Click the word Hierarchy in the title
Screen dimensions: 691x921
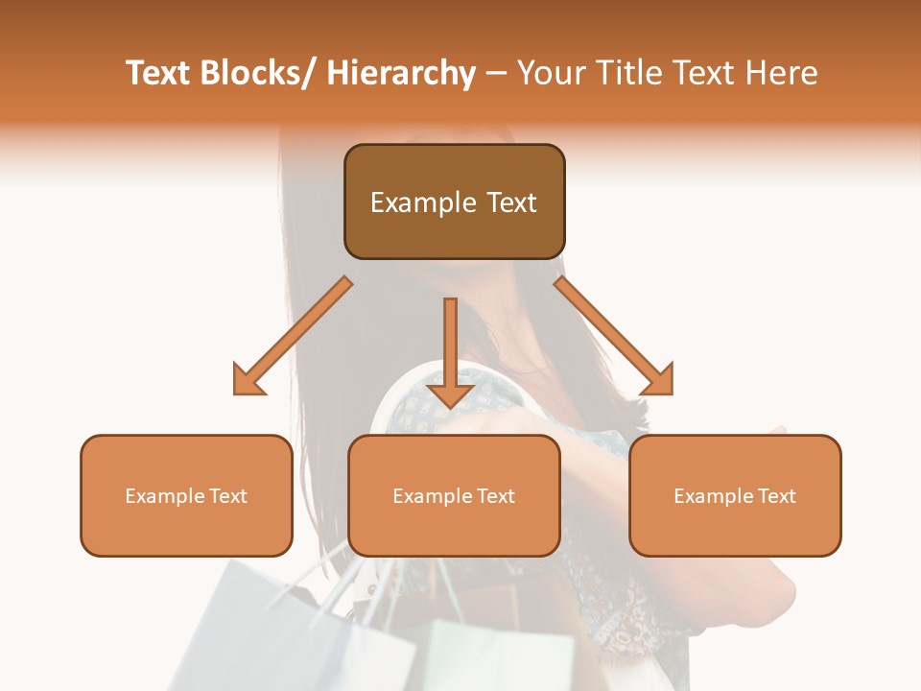point(400,73)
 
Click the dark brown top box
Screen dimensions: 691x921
point(454,230)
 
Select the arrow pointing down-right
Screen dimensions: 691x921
point(614,336)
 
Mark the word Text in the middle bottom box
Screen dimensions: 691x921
point(496,496)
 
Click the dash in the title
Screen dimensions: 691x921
point(496,73)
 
